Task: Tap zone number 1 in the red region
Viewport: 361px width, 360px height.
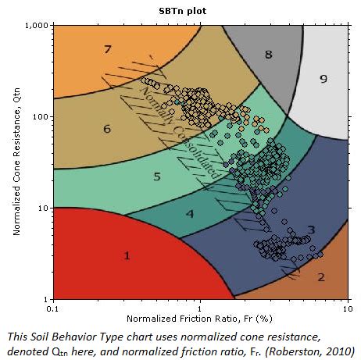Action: [x=127, y=255]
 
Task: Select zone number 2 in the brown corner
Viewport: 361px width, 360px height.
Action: [x=320, y=276]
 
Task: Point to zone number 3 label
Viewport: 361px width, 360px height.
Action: [x=311, y=229]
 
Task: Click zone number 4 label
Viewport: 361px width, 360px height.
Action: [x=190, y=213]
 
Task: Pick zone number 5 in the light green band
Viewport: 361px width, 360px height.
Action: [x=157, y=176]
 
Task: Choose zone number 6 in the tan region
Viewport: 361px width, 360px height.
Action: [x=107, y=128]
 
